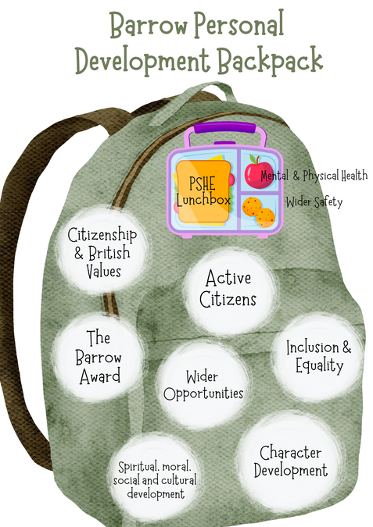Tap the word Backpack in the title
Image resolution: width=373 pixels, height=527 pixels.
(x=270, y=59)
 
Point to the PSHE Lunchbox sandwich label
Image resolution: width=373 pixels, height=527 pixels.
(x=203, y=191)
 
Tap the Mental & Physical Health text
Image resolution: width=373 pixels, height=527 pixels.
(x=314, y=176)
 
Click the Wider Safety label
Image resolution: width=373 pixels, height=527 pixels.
(x=314, y=202)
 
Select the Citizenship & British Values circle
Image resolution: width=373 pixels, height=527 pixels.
(x=102, y=251)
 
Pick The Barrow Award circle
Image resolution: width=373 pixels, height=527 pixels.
(x=99, y=357)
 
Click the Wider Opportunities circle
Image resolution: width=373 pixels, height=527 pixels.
(x=203, y=386)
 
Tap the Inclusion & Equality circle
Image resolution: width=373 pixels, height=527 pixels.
(x=318, y=357)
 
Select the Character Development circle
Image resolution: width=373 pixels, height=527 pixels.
(x=290, y=461)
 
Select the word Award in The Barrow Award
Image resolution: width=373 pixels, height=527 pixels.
(x=100, y=376)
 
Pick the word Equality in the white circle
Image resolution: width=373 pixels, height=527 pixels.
(x=319, y=366)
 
